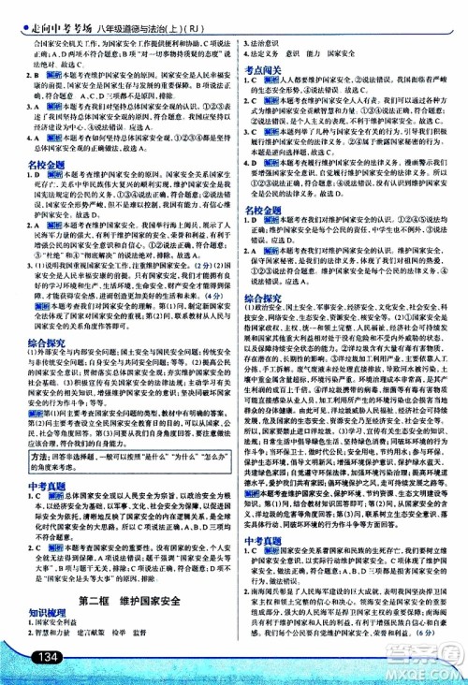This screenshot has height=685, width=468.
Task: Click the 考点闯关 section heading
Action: [x=265, y=70]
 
